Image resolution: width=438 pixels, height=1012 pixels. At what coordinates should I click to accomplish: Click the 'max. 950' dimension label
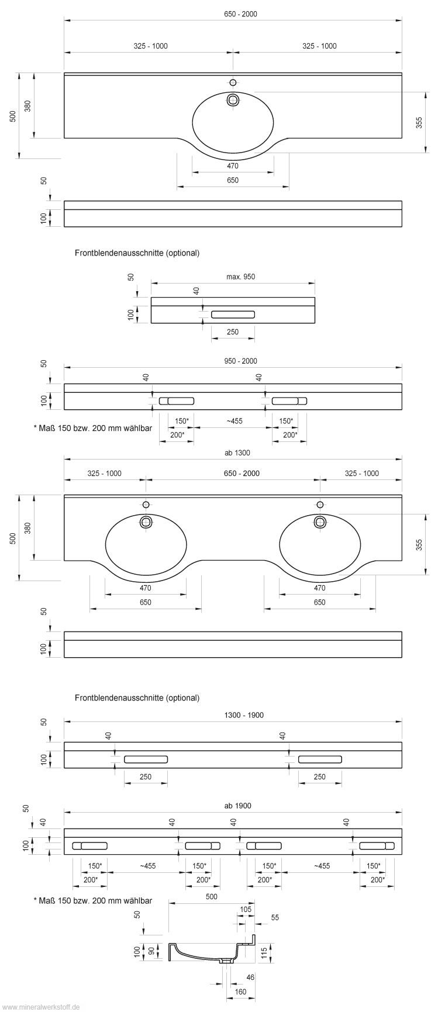point(240,277)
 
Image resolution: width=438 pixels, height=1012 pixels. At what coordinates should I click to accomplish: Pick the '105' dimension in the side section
point(246,909)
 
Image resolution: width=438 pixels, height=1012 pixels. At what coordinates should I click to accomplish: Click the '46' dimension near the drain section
point(250,977)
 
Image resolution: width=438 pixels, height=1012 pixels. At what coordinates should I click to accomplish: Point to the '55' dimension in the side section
point(275,918)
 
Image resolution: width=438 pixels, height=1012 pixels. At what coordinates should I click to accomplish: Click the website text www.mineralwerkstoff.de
point(40,1007)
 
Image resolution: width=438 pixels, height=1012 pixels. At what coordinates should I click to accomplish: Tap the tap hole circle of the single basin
point(233,82)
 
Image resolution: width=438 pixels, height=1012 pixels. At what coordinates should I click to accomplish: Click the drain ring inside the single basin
point(233,100)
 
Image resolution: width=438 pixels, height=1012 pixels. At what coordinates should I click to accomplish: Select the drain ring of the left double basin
point(146,522)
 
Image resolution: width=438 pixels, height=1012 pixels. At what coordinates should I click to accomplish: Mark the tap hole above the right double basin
point(320,505)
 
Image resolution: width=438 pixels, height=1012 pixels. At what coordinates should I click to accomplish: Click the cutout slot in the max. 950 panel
point(233,315)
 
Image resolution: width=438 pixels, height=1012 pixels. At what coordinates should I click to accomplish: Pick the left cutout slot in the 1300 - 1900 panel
point(146,759)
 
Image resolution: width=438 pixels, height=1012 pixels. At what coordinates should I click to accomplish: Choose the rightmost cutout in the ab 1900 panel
point(377,845)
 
